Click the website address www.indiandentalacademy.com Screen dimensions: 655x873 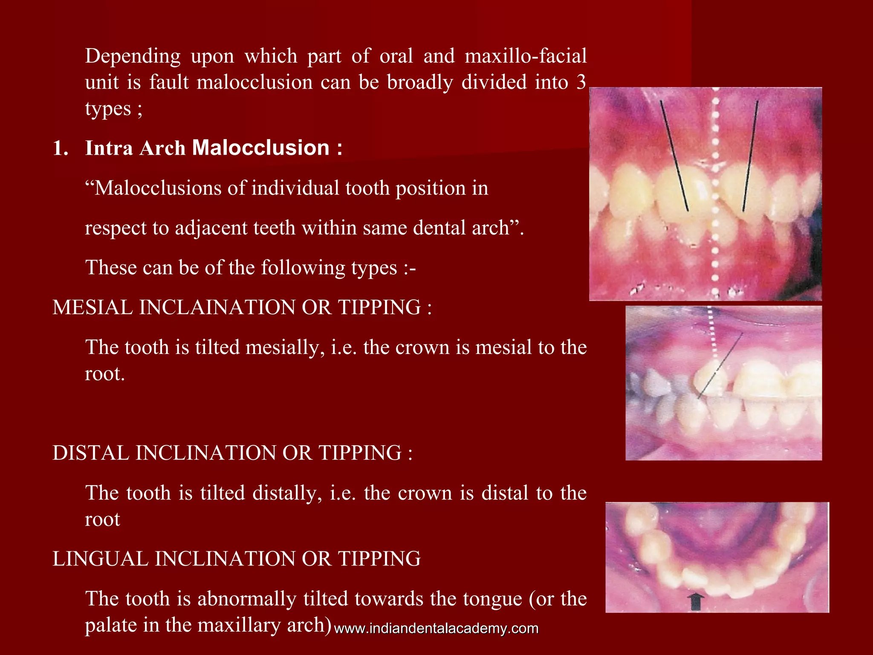pyautogui.click(x=436, y=629)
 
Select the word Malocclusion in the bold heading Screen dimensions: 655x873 pyautogui.click(x=261, y=148)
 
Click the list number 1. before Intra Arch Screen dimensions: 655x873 pyautogui.click(x=61, y=148)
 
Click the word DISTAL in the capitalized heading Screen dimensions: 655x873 pyautogui.click(x=90, y=453)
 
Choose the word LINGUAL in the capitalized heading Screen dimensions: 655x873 pyautogui.click(x=100, y=559)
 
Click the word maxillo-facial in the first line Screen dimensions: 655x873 pyautogui.click(x=526, y=56)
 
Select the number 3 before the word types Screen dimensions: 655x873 pyautogui.click(x=581, y=82)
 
